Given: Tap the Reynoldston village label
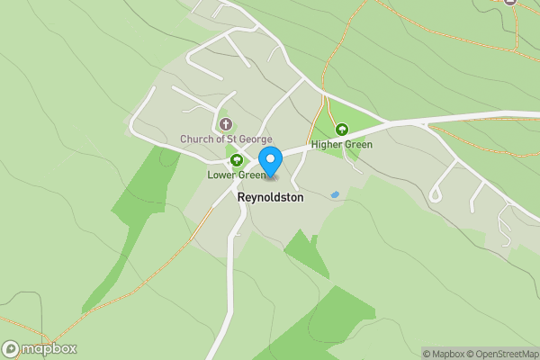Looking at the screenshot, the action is click(x=270, y=196).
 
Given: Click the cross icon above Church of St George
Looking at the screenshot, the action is click(x=224, y=123).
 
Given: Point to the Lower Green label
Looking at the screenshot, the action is click(x=236, y=175).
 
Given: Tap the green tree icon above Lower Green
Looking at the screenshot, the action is click(x=237, y=160).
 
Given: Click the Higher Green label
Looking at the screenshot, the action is click(x=341, y=144).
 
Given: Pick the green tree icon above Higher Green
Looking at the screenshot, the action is click(x=341, y=130).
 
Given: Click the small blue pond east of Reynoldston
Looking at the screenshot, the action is click(x=335, y=194).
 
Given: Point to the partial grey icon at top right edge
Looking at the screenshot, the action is click(x=510, y=2).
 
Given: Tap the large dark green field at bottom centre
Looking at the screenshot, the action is click(x=315, y=333).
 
